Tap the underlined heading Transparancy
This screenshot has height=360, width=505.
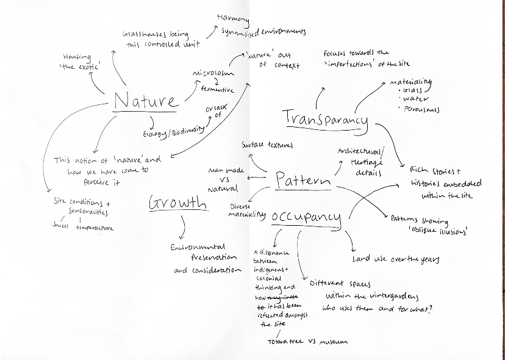(326, 117)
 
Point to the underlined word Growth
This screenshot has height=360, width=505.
(177, 203)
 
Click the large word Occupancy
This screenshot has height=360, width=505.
(306, 217)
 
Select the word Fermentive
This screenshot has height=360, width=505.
(217, 90)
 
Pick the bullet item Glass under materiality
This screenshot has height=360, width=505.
(415, 90)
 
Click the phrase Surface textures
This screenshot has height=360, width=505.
(267, 145)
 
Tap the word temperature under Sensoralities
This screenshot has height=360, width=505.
(95, 227)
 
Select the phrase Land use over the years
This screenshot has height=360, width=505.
(396, 259)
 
